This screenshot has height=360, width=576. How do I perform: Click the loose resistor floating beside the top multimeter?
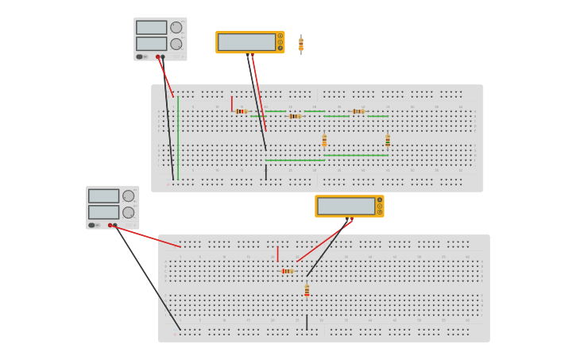pos(300,45)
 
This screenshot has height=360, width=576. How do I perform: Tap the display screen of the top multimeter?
pos(246,42)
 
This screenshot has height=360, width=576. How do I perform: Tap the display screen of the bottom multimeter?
pos(346,206)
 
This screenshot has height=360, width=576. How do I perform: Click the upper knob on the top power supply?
pos(176,28)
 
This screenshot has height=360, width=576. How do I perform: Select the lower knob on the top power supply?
pos(176,44)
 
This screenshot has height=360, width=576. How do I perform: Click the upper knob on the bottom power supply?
pos(128,196)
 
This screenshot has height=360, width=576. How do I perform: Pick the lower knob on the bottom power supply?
pos(128,212)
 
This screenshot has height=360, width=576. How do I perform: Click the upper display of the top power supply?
pos(151,28)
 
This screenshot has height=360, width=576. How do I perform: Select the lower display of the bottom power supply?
pos(103,212)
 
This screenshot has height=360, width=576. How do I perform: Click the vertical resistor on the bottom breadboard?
pos(307,291)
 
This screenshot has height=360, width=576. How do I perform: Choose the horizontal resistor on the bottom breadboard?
pos(288,271)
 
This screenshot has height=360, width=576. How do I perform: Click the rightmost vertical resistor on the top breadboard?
pos(388,141)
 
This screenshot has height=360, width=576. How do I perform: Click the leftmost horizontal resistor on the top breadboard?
pos(242,111)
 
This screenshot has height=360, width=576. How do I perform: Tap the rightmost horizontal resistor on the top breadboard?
pos(358,111)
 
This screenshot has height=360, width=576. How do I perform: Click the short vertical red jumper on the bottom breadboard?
pos(277,254)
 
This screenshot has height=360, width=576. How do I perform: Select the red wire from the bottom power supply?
pos(148,237)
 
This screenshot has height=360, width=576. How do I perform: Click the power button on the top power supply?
pos(140,56)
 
